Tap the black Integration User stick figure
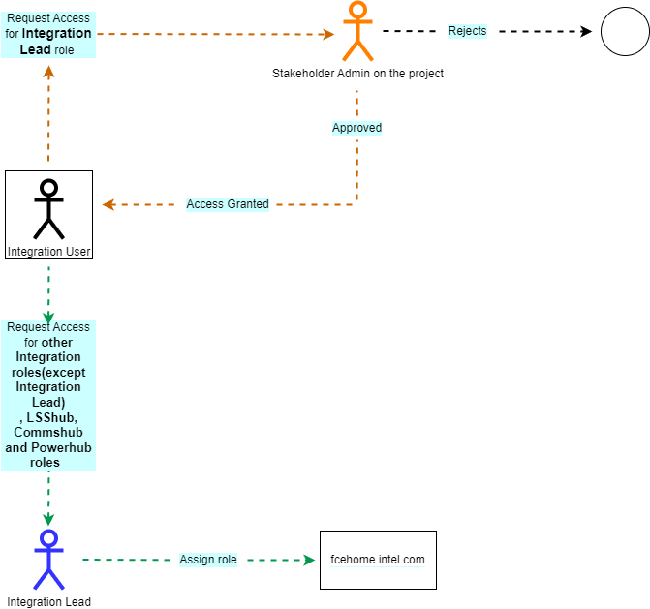(x=48, y=208)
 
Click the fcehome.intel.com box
(x=378, y=560)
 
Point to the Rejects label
(x=467, y=31)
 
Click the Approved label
(x=356, y=128)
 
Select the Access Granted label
(x=228, y=204)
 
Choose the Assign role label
(x=208, y=560)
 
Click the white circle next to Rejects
(x=625, y=31)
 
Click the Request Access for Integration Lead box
(x=48, y=33)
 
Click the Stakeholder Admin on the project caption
(x=357, y=74)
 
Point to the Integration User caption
(x=48, y=252)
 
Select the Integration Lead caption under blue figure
(x=48, y=602)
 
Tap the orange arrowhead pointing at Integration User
(x=108, y=204)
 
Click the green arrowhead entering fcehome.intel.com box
(x=310, y=560)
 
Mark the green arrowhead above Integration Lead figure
(x=48, y=520)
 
